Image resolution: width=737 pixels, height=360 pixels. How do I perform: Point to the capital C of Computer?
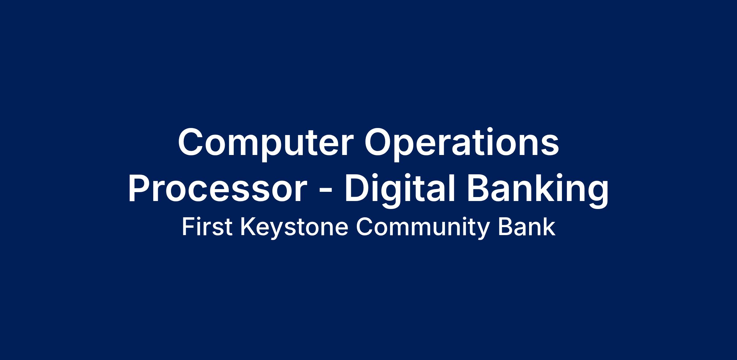192,143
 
